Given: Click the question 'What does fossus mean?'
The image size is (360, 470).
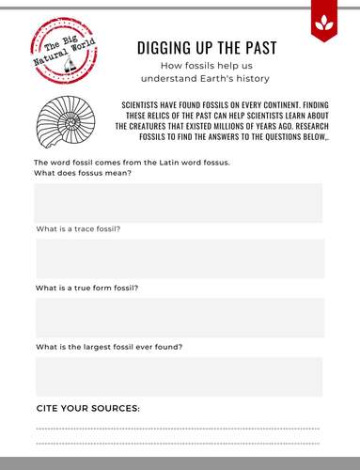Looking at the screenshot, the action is (83, 173).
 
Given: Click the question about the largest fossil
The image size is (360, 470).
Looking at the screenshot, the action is (108, 346).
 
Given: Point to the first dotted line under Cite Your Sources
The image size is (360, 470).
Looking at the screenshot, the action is (178, 429).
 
